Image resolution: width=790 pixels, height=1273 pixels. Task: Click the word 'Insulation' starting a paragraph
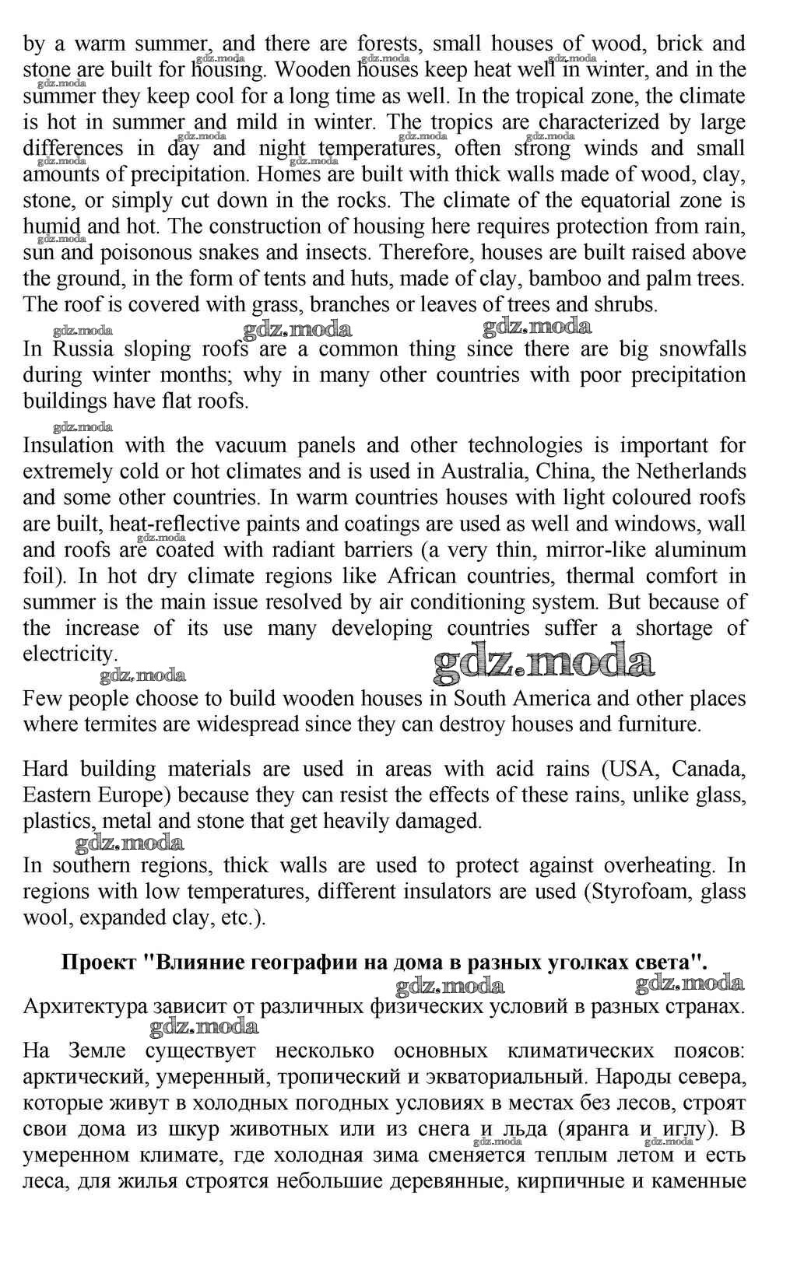point(68,446)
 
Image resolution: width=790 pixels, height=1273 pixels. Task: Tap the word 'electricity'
point(67,654)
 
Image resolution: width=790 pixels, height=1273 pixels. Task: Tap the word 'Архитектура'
point(86,1006)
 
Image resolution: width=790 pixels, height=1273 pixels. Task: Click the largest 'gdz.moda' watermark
point(543,663)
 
